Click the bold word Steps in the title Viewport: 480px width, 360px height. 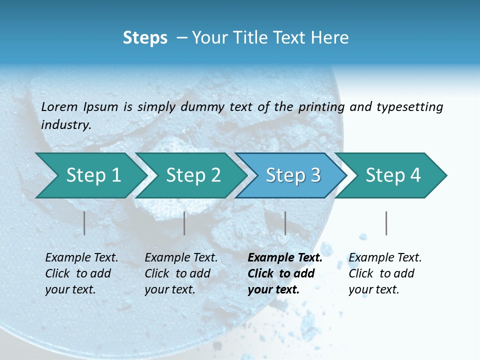(x=145, y=38)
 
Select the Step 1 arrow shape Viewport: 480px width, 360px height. (x=90, y=175)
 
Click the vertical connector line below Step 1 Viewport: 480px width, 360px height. (x=84, y=223)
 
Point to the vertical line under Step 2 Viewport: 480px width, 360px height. (x=184, y=223)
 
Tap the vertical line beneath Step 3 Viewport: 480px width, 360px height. (x=285, y=223)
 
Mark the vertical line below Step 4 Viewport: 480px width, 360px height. (x=386, y=223)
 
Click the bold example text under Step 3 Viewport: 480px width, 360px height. (x=284, y=273)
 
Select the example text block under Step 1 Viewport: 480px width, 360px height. (x=81, y=273)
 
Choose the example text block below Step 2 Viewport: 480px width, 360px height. (x=180, y=273)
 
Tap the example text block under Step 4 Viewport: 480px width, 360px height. (x=384, y=273)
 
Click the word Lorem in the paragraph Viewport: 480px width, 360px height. (x=59, y=107)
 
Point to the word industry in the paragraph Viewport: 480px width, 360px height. (x=66, y=125)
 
